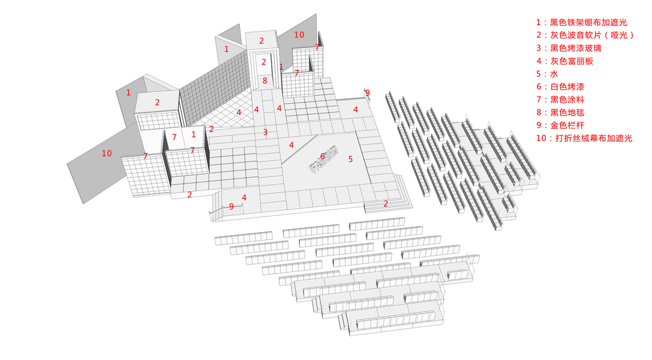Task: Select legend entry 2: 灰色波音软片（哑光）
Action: pyautogui.click(x=584, y=35)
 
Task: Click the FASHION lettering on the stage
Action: pyautogui.click(x=325, y=159)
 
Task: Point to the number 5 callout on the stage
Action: pyautogui.click(x=351, y=159)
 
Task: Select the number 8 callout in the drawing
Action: pyautogui.click(x=265, y=80)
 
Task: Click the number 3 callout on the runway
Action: pyautogui.click(x=265, y=132)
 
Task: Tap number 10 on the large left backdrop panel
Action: pyautogui.click(x=107, y=154)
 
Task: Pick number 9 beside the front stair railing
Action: pyautogui.click(x=232, y=206)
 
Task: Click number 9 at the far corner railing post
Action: pyautogui.click(x=368, y=93)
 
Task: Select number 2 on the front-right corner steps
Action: pyautogui.click(x=386, y=204)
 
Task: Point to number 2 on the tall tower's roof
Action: pyautogui.click(x=262, y=41)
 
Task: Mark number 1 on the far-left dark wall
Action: pyautogui.click(x=128, y=92)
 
